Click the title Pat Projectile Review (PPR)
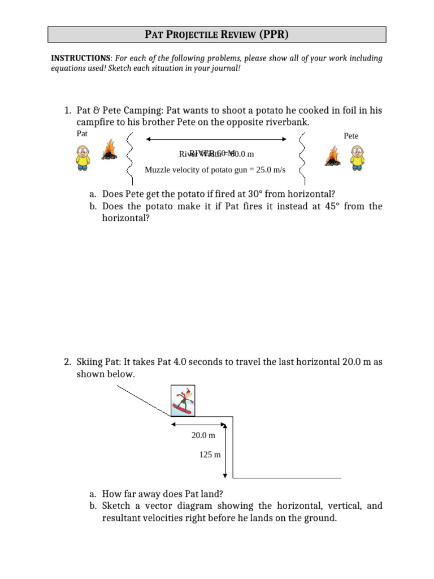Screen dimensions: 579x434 [x=216, y=34]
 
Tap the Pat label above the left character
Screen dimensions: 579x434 [x=82, y=134]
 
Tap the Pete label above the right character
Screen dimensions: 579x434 [x=351, y=136]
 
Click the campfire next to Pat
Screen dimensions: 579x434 [x=109, y=151]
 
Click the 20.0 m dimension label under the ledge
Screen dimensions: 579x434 [x=203, y=435]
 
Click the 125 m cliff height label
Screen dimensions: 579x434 [x=210, y=454]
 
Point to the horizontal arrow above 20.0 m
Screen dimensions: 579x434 [x=198, y=424]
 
